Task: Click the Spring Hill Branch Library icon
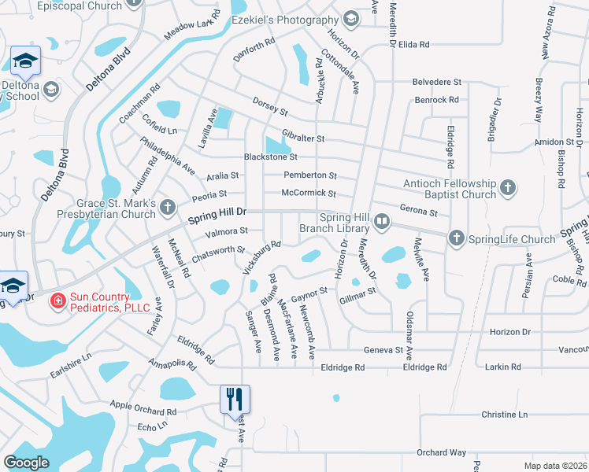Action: [x=382, y=221]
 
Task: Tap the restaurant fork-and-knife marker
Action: [x=234, y=398]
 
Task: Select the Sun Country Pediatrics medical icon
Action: [x=57, y=300]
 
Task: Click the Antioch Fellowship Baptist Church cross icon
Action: [x=508, y=187]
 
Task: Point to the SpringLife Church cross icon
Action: [x=456, y=238]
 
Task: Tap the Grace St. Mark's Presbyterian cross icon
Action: [x=167, y=208]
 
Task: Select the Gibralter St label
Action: [x=303, y=138]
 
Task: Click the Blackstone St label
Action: [x=270, y=157]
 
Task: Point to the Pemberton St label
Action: [x=309, y=175]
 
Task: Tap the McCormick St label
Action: [x=309, y=194]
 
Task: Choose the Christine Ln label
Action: [x=504, y=414]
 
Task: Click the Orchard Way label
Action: [x=441, y=452]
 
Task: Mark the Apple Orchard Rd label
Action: [x=143, y=408]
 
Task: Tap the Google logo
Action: [x=26, y=463]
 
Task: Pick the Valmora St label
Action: [x=226, y=231]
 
